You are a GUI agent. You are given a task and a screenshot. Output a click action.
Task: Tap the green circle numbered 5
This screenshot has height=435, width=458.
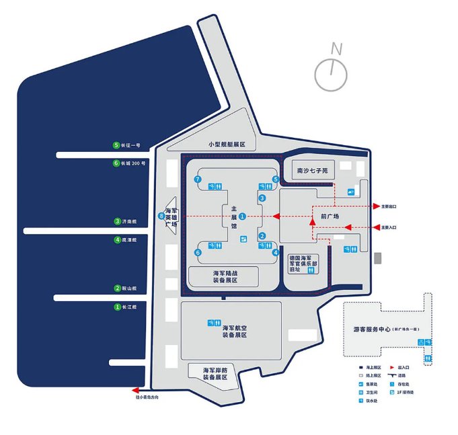(x=116, y=145)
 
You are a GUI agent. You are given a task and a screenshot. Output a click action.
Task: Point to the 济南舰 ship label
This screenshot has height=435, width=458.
(x=128, y=221)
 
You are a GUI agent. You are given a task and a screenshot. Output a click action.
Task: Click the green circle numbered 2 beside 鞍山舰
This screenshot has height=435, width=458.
(x=117, y=288)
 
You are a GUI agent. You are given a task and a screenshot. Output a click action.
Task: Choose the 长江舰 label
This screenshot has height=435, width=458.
(x=128, y=307)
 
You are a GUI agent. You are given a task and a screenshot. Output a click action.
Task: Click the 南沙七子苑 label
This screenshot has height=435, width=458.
(x=312, y=171)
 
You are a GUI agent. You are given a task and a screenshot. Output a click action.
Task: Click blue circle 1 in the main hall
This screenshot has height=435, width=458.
(x=243, y=216)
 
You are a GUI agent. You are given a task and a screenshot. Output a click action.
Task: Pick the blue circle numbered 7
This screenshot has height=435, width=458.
(x=198, y=180)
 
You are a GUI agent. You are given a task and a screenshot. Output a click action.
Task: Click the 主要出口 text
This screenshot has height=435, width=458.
(x=389, y=206)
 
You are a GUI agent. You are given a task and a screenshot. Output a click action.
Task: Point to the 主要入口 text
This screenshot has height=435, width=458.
(x=389, y=228)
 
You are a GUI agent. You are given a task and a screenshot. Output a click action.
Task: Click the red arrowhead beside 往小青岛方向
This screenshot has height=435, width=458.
(x=135, y=390)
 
